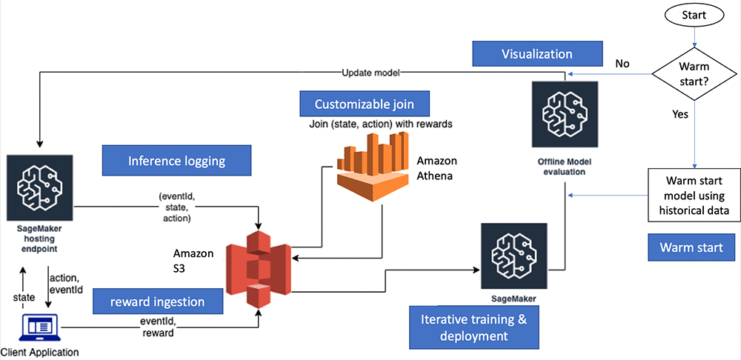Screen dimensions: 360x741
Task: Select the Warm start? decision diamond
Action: pyautogui.click(x=694, y=74)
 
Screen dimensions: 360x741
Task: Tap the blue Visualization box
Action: pyautogui.click(x=537, y=54)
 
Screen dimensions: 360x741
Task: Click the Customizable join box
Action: pyautogui.click(x=365, y=104)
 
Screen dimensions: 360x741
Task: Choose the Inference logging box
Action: pyautogui.click(x=176, y=160)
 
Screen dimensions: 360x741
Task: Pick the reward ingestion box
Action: pyautogui.click(x=159, y=301)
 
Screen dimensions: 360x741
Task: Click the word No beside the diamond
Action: pyautogui.click(x=622, y=64)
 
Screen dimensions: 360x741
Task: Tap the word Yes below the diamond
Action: pyautogui.click(x=679, y=115)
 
